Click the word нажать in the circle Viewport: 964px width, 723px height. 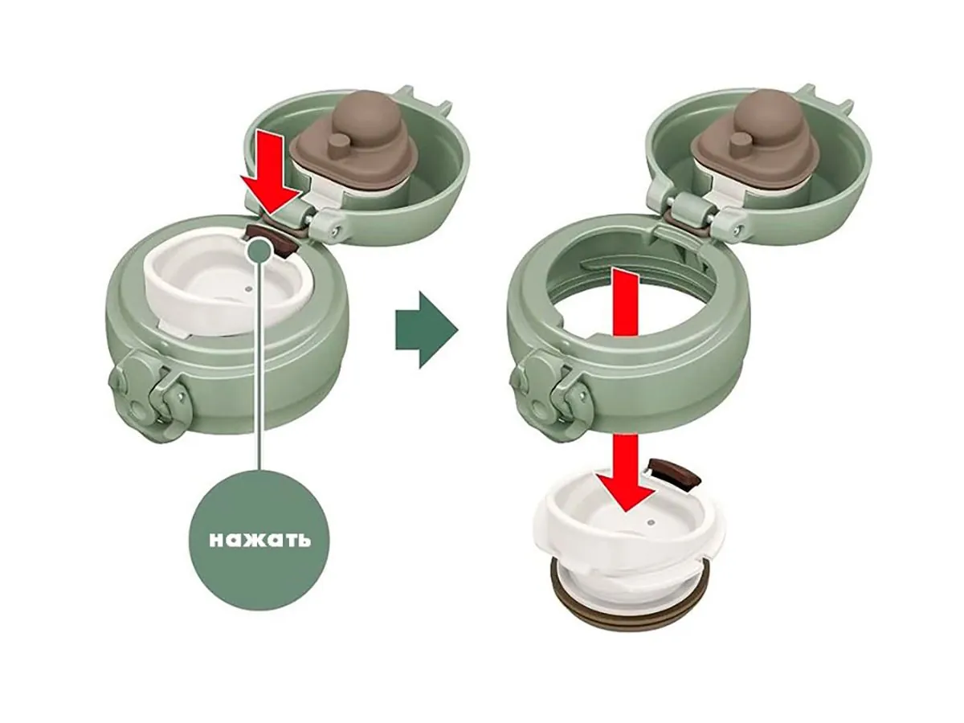pyautogui.click(x=259, y=538)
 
